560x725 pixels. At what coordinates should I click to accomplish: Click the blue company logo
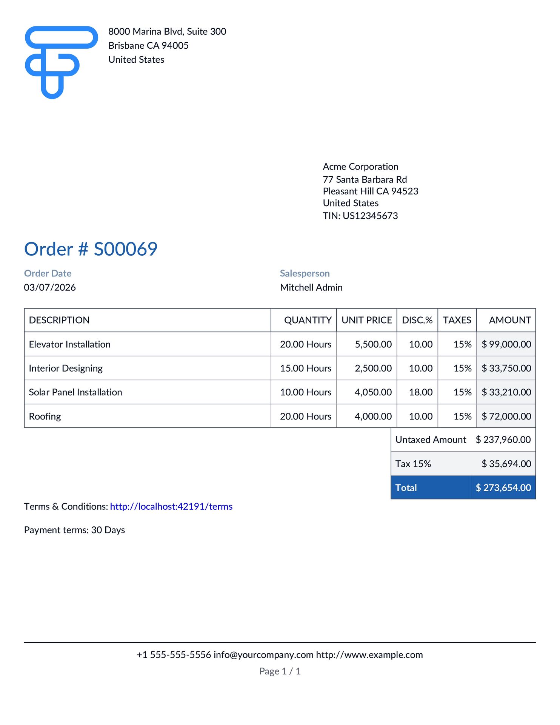[60, 62]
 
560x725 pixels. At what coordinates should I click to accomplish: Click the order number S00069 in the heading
[125, 249]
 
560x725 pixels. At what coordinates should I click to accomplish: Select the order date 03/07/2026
[50, 288]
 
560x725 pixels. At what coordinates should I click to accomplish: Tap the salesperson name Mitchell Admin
[311, 288]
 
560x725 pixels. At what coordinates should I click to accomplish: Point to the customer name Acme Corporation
[360, 167]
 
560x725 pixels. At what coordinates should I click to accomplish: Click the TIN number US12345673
[370, 216]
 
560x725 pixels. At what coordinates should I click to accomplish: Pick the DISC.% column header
[417, 320]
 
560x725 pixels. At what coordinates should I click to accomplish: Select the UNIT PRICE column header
[366, 320]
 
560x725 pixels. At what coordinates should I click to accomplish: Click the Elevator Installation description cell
[70, 344]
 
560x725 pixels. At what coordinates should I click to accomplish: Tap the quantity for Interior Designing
[305, 369]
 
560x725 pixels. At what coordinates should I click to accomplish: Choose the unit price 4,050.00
[373, 392]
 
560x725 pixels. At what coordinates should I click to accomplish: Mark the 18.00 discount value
[421, 392]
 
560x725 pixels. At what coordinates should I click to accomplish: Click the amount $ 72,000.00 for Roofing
[506, 416]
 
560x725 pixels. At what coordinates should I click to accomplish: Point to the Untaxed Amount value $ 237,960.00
[503, 440]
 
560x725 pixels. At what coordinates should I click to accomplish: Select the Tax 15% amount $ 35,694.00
[506, 464]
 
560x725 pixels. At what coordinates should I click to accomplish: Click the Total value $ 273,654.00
[503, 488]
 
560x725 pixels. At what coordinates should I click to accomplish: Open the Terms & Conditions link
[171, 507]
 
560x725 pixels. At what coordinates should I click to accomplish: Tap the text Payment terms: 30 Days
[74, 530]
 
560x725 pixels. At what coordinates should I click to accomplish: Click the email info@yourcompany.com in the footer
[263, 655]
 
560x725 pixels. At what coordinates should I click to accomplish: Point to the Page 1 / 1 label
[280, 671]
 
